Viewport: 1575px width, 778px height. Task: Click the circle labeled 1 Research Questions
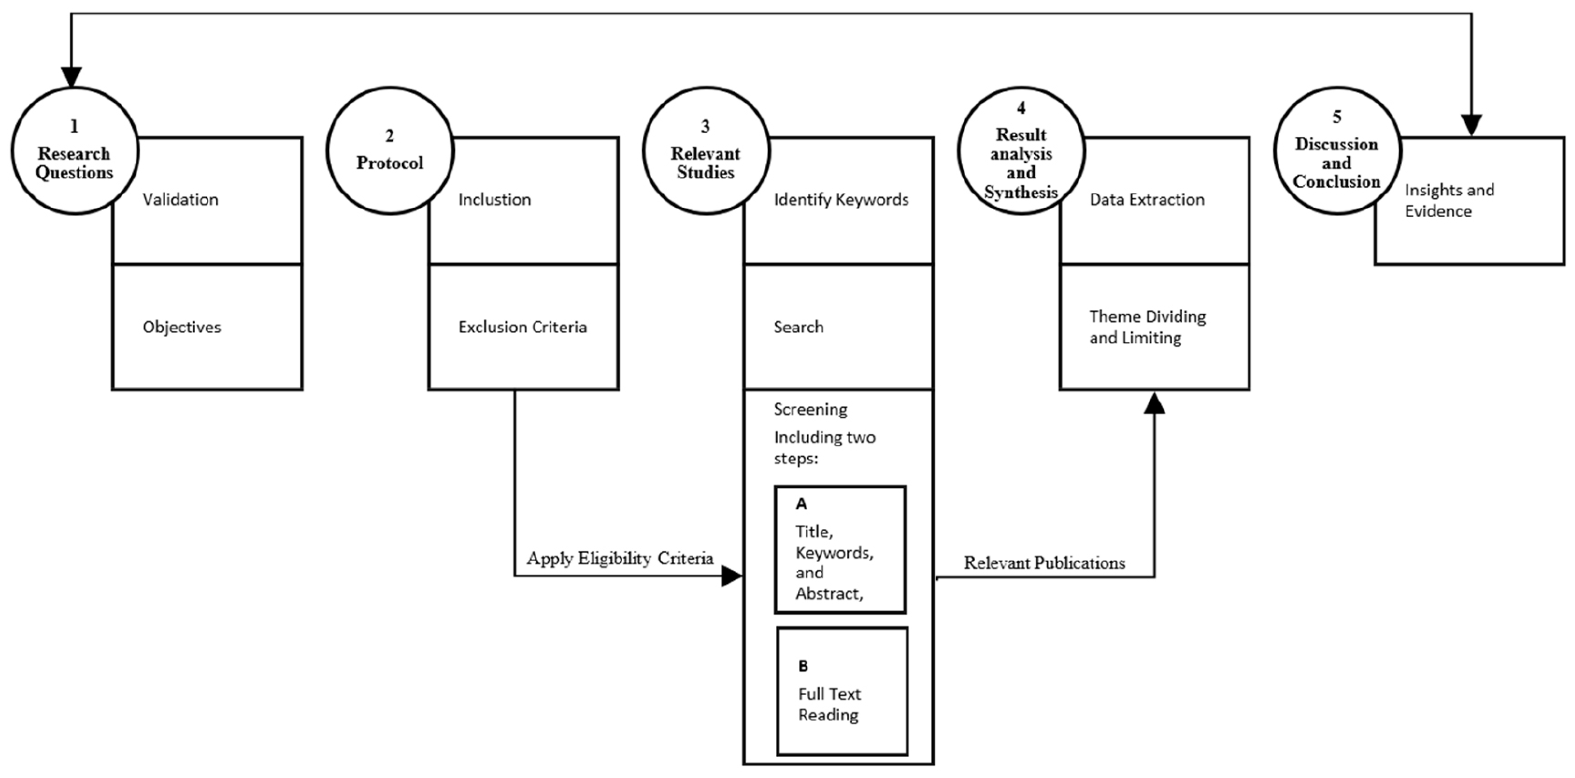(74, 151)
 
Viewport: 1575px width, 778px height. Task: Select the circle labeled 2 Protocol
(389, 151)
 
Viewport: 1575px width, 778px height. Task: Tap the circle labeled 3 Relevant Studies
(705, 151)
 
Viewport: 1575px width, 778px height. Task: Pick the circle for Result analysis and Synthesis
(1021, 151)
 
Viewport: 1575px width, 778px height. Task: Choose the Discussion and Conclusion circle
(1337, 151)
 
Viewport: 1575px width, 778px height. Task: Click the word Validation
(180, 200)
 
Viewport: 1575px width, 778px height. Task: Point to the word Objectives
(181, 327)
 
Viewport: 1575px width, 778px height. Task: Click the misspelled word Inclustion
(495, 200)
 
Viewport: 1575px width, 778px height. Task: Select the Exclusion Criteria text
(522, 327)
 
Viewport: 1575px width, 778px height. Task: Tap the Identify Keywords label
(841, 200)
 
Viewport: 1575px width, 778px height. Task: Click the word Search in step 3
(798, 327)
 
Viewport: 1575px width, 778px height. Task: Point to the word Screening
(810, 409)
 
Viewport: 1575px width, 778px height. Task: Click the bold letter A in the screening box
(801, 504)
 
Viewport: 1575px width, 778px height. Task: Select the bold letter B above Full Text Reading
(803, 666)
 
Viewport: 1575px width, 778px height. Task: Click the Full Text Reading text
(828, 704)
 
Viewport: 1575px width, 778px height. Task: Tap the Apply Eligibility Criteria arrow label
(620, 558)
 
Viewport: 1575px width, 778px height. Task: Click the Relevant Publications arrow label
(1044, 563)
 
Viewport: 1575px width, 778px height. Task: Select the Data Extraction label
(1147, 200)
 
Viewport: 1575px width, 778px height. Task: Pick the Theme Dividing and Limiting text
(1147, 327)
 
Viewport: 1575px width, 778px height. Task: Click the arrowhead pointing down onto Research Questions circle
(72, 77)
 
